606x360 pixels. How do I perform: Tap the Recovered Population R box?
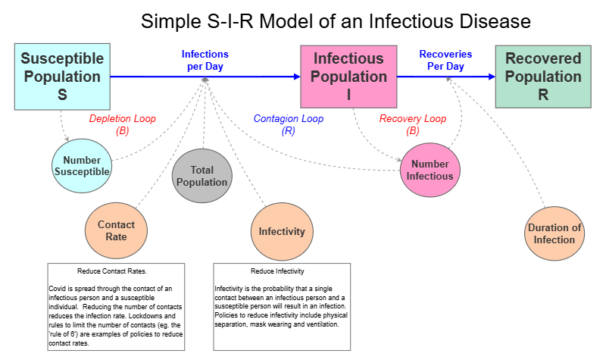pyautogui.click(x=542, y=77)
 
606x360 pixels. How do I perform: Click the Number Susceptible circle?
pyautogui.click(x=82, y=166)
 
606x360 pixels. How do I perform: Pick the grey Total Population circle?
pyautogui.click(x=202, y=176)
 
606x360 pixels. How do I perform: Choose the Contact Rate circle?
pyautogui.click(x=116, y=230)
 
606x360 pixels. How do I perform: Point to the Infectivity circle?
pyautogui.click(x=282, y=232)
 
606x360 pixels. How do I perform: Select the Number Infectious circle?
pyautogui.click(x=430, y=170)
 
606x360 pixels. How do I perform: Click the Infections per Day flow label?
pyautogui.click(x=205, y=61)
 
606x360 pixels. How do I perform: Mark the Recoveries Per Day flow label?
pyautogui.click(x=445, y=61)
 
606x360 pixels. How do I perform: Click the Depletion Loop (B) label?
pyautogui.click(x=121, y=124)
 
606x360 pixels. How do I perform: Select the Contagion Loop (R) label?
pyautogui.click(x=288, y=124)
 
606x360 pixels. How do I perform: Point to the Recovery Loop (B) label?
pyautogui.click(x=412, y=124)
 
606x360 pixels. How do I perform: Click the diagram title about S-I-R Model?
pyautogui.click(x=336, y=21)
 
